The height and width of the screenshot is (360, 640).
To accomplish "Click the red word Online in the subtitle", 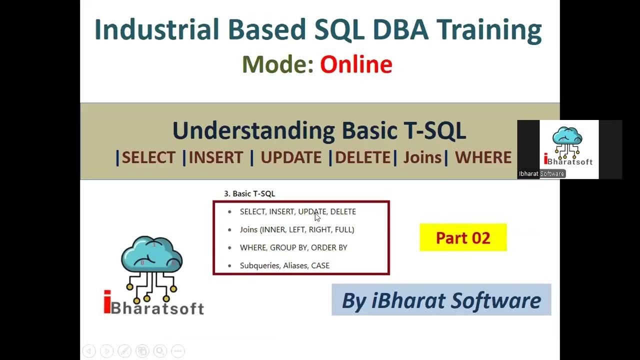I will (356, 65).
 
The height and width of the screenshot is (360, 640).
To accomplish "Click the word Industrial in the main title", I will (156, 30).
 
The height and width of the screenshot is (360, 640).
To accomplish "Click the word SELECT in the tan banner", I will (148, 157).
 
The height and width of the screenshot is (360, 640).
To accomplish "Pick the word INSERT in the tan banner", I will (215, 157).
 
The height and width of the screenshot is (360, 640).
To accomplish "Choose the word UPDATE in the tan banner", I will (291, 157).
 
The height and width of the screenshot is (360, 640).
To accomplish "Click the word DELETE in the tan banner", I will (362, 157).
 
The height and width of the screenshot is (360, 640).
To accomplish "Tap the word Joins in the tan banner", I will (422, 157).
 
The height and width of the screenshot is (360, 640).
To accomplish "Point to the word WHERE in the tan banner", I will (483, 157).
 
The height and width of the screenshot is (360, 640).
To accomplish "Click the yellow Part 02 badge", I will (463, 237).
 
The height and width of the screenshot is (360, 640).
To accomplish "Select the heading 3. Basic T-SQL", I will (249, 193).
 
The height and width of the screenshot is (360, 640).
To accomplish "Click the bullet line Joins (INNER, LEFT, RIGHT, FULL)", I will (297, 229).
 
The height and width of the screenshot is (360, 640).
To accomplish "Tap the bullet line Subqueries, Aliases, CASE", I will (284, 265).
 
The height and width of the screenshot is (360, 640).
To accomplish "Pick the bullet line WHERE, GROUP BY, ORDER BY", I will (293, 247).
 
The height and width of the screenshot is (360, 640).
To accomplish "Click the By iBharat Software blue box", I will (441, 300).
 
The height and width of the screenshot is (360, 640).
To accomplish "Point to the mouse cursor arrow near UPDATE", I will (316, 216).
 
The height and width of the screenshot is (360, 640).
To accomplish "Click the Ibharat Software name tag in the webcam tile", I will (541, 174).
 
